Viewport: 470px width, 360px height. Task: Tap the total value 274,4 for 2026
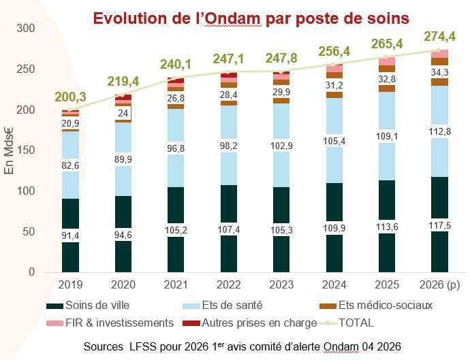click(440, 36)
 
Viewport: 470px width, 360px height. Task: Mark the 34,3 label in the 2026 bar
click(439, 72)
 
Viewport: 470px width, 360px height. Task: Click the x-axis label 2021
click(176, 284)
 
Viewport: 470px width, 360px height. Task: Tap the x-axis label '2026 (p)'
click(439, 284)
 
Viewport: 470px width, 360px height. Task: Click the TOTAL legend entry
click(355, 323)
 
